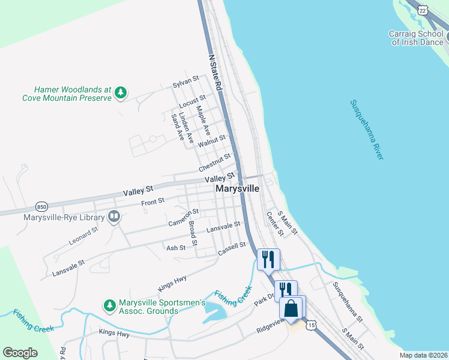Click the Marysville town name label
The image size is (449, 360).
[238, 188]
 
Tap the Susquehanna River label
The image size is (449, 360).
[367, 129]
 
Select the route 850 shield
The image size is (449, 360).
[41, 206]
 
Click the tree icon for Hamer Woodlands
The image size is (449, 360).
[121, 92]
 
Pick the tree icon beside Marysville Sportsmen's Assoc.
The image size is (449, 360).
[110, 305]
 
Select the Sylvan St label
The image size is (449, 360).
[185, 82]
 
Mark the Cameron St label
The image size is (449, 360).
[184, 218]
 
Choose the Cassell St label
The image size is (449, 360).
[232, 249]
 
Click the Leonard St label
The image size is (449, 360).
[83, 235]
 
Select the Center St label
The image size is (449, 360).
[274, 224]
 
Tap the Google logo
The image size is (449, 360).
[20, 353]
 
